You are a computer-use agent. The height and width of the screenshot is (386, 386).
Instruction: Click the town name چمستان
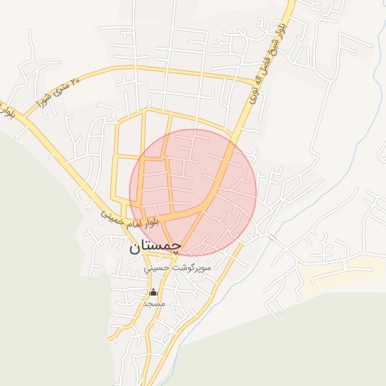[x=155, y=246]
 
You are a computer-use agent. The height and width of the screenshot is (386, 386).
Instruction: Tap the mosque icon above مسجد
[x=153, y=292]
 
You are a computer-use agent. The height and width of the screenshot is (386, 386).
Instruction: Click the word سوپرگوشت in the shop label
[x=192, y=268]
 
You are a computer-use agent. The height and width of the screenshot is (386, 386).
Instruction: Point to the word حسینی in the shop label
[x=161, y=268]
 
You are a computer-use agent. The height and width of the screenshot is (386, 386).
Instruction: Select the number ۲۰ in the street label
[x=74, y=84]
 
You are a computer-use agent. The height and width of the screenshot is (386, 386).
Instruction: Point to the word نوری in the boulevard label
[x=253, y=93]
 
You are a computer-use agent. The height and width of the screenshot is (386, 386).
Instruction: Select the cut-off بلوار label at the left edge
[x=7, y=112]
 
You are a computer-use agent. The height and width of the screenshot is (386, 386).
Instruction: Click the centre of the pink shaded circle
[x=193, y=192]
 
